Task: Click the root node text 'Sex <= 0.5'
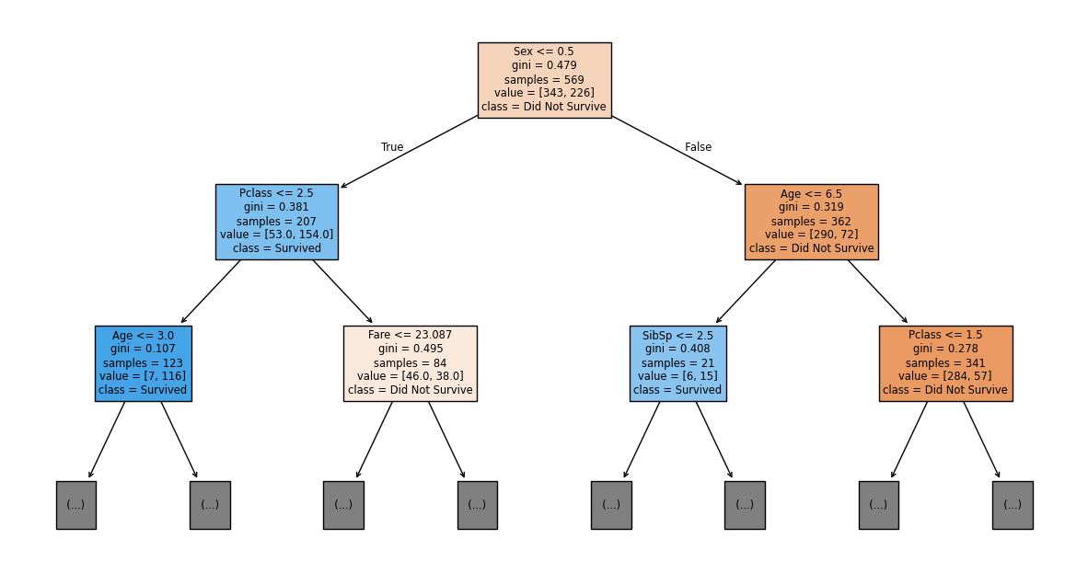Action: pyautogui.click(x=544, y=52)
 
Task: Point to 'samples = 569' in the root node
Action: pyautogui.click(x=544, y=79)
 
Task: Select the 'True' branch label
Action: pyautogui.click(x=392, y=147)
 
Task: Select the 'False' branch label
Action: pyautogui.click(x=698, y=147)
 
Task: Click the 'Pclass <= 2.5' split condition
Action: pyautogui.click(x=276, y=193)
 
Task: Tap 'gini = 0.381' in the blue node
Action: pyautogui.click(x=276, y=207)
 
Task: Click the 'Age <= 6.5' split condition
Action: pyautogui.click(x=811, y=193)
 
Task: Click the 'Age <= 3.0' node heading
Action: pyautogui.click(x=143, y=335)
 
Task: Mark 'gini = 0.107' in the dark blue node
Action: pyautogui.click(x=143, y=349)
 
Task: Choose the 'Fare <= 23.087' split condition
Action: pyautogui.click(x=410, y=335)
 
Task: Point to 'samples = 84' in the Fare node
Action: pyautogui.click(x=410, y=362)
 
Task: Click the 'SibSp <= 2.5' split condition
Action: pyautogui.click(x=677, y=335)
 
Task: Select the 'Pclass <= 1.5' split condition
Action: pyautogui.click(x=945, y=335)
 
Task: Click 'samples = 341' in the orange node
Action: pyautogui.click(x=945, y=362)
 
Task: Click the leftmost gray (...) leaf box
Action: pyautogui.click(x=75, y=504)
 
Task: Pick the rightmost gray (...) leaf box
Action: pyautogui.click(x=1012, y=504)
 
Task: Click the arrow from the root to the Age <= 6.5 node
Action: pyautogui.click(x=677, y=150)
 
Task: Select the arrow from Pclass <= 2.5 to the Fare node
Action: pyautogui.click(x=342, y=292)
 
